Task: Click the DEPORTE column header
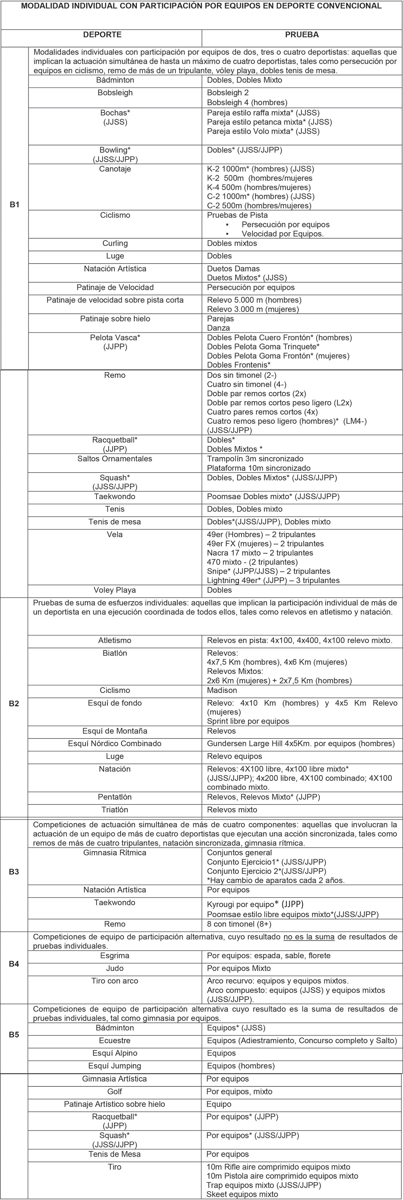tap(102, 35)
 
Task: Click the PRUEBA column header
tap(302, 35)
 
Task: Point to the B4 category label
tap(15, 963)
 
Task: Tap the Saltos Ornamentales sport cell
tap(115, 458)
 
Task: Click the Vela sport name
tap(115, 534)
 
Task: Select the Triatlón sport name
tap(115, 810)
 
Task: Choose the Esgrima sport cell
tap(115, 955)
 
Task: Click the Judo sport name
tap(115, 968)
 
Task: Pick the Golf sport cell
tap(115, 1091)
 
